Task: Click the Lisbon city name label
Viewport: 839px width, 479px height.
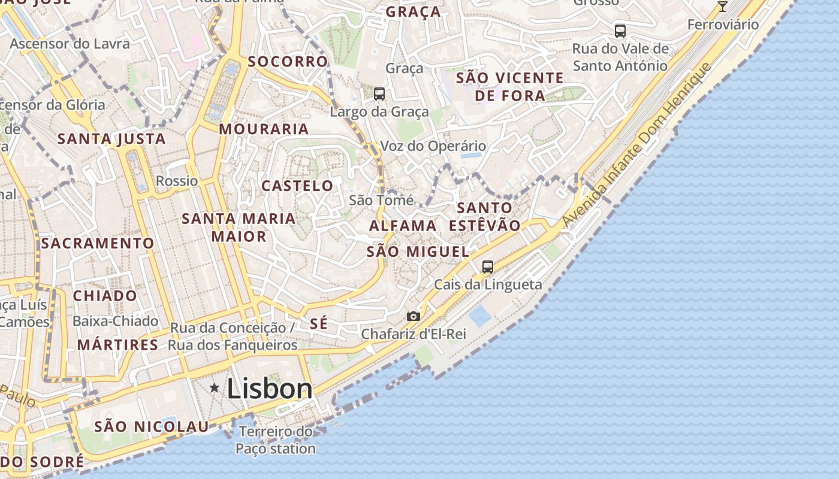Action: (x=270, y=389)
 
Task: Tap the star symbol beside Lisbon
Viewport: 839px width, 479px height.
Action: (x=214, y=388)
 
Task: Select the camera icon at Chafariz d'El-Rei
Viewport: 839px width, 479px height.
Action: (x=413, y=316)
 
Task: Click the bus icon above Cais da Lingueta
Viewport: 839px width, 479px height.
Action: (x=488, y=267)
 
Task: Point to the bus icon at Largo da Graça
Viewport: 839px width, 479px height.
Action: (x=379, y=93)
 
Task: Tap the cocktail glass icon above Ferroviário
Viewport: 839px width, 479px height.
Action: (x=723, y=6)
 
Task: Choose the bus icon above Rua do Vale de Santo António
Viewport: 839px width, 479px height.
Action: (x=620, y=31)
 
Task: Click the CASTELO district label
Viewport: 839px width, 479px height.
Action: (x=297, y=186)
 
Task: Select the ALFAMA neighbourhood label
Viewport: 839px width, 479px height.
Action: (x=403, y=226)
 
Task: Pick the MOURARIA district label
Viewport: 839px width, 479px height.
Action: (x=264, y=129)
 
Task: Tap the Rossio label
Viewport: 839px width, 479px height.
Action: (x=177, y=181)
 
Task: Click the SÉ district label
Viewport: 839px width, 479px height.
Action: (x=319, y=324)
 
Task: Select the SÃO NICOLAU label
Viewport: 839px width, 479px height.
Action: (x=152, y=426)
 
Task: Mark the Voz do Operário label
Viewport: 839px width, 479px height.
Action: (x=433, y=145)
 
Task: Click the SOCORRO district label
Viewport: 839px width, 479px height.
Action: (x=288, y=61)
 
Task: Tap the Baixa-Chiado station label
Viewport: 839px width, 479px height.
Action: (x=115, y=321)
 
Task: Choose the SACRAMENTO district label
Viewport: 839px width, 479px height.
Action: (x=98, y=243)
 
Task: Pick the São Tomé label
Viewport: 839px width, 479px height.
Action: (x=381, y=200)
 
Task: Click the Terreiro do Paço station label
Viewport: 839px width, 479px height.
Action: (x=276, y=440)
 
